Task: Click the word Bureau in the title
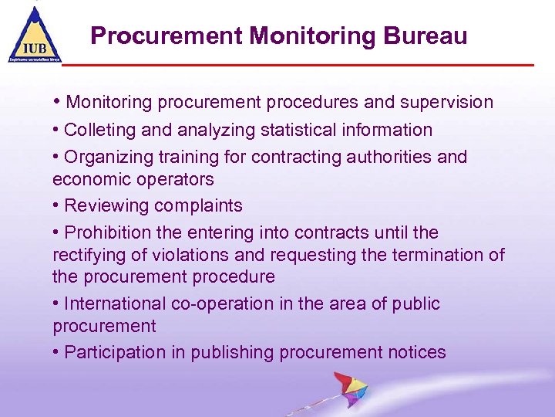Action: click(427, 36)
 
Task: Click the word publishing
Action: click(233, 353)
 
